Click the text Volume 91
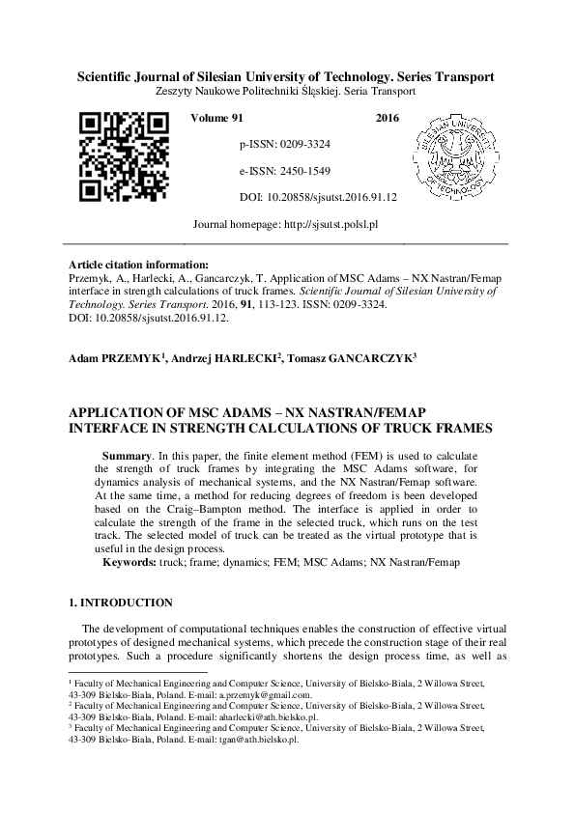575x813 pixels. (217, 117)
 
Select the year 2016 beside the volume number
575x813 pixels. (387, 117)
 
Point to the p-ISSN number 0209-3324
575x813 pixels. (301, 144)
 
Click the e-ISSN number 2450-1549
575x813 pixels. (301, 171)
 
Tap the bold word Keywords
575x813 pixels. (132, 561)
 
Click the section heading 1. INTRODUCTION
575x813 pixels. (121, 603)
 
